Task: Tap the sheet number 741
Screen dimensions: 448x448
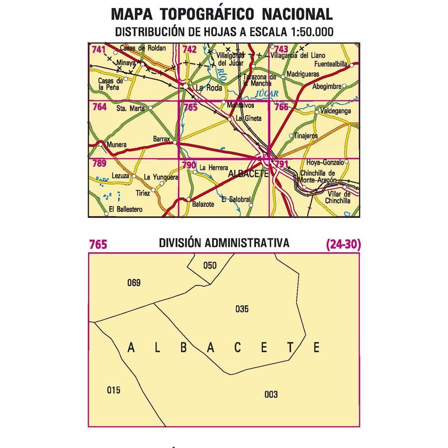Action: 98,49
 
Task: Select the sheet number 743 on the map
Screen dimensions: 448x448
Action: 281,49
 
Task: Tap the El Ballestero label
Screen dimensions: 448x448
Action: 125,210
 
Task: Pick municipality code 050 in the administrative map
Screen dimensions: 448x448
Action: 210,265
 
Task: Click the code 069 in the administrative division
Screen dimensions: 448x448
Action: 134,283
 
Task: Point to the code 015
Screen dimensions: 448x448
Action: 113,390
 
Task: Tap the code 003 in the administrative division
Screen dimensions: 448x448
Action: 271,395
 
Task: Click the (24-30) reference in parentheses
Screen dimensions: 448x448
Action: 343,244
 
